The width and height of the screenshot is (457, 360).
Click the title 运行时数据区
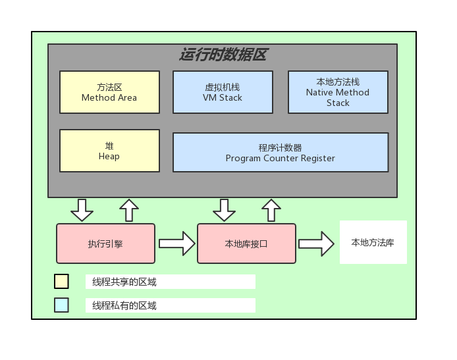pyautogui.click(x=223, y=55)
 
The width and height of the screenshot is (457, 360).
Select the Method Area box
pyautogui.click(x=109, y=92)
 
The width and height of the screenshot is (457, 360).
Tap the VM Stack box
pyautogui.click(x=223, y=92)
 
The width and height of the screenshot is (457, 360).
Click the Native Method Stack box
pyautogui.click(x=338, y=92)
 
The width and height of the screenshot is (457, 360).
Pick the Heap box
pyautogui.click(x=109, y=151)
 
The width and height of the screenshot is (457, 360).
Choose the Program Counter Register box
pyautogui.click(x=280, y=153)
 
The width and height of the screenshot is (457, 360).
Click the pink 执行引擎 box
pyautogui.click(x=105, y=244)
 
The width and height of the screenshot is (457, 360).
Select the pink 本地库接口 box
pyautogui.click(x=246, y=244)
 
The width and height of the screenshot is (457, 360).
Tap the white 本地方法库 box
pyautogui.click(x=373, y=243)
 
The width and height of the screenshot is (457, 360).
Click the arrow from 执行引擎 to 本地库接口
pyautogui.click(x=176, y=244)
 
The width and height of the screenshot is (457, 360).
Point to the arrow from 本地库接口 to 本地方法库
pyautogui.click(x=316, y=244)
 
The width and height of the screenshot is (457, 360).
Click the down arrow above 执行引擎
pyautogui.click(x=82, y=210)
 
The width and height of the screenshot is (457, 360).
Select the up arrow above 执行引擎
pyautogui.click(x=129, y=210)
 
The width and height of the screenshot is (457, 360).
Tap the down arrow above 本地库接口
pyautogui.click(x=224, y=210)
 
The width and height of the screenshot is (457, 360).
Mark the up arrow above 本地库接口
pyautogui.click(x=271, y=210)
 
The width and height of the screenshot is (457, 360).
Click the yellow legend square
pyautogui.click(x=61, y=282)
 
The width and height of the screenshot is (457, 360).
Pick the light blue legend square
pyautogui.click(x=61, y=305)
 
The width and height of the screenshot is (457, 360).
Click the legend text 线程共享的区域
pyautogui.click(x=124, y=282)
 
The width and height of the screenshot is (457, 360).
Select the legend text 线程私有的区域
pyautogui.click(x=124, y=306)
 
